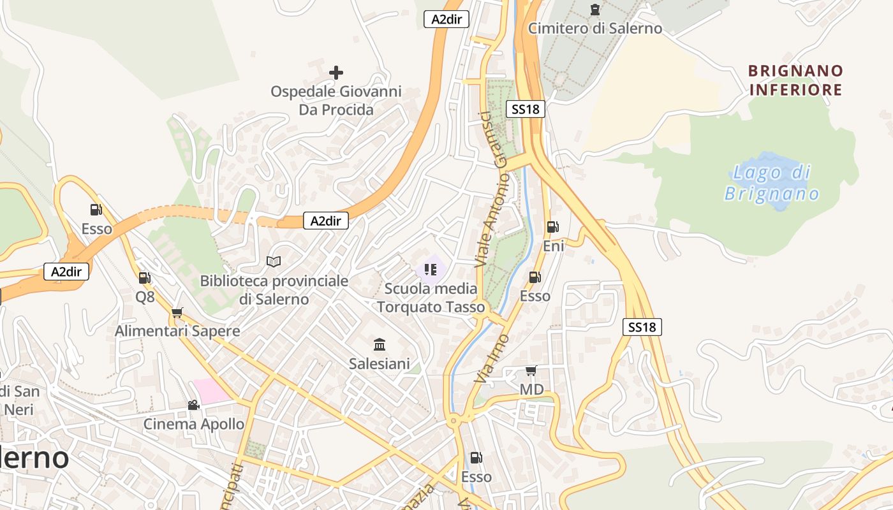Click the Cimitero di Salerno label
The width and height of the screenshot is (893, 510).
pyautogui.click(x=595, y=28)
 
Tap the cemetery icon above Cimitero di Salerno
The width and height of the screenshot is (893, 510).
pyautogui.click(x=595, y=10)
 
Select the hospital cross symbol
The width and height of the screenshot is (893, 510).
pyautogui.click(x=336, y=73)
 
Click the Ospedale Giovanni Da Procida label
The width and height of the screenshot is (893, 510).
pyautogui.click(x=336, y=101)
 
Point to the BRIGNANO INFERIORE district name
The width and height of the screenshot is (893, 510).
pyautogui.click(x=795, y=80)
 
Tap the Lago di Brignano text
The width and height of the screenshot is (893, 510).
pyautogui.click(x=772, y=182)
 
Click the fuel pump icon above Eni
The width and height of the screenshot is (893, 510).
pyautogui.click(x=552, y=227)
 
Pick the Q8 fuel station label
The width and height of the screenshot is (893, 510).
pyautogui.click(x=145, y=296)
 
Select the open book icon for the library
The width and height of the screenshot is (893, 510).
pyautogui.click(x=274, y=261)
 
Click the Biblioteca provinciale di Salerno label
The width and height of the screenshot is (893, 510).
pyautogui.click(x=274, y=290)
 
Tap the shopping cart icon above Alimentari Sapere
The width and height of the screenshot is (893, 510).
pyautogui.click(x=177, y=312)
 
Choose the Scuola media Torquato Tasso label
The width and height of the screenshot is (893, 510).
pyautogui.click(x=431, y=298)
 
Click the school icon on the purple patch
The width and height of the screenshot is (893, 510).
pyautogui.click(x=431, y=270)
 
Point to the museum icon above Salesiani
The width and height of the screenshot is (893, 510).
pyautogui.click(x=380, y=345)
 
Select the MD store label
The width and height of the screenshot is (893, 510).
pyautogui.click(x=531, y=389)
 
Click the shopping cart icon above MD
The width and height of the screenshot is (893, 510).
pyautogui.click(x=531, y=370)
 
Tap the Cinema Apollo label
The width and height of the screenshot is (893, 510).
pyautogui.click(x=193, y=424)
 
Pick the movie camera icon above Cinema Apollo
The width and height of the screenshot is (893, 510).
pyautogui.click(x=193, y=405)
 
